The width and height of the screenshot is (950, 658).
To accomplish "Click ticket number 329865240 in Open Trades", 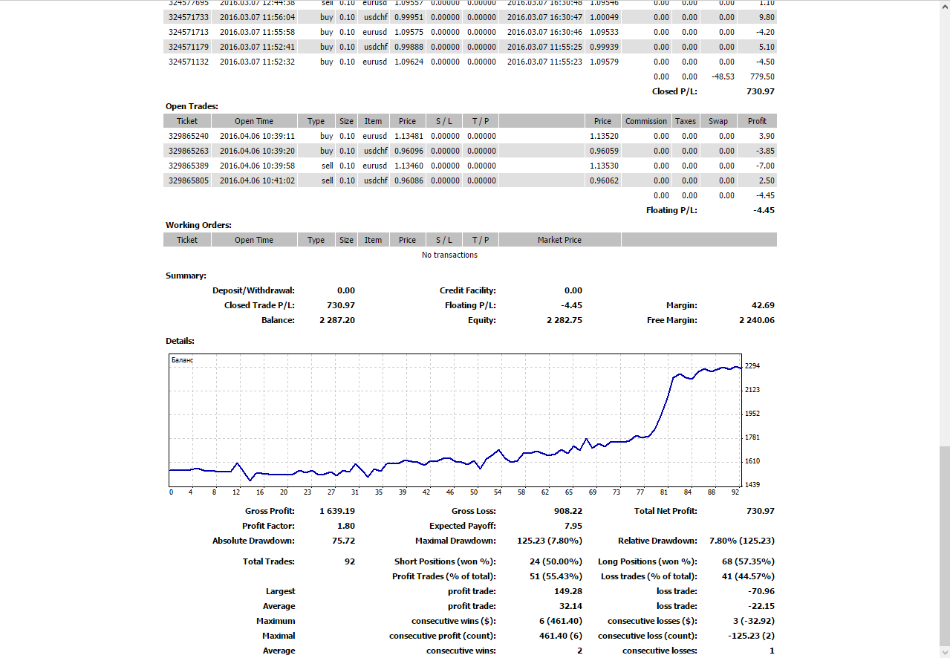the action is [x=189, y=136].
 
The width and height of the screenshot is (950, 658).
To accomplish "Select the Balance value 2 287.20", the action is [x=337, y=320].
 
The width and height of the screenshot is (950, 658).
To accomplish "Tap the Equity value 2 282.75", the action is [x=565, y=320].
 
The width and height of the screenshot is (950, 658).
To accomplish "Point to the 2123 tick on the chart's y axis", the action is [x=752, y=390].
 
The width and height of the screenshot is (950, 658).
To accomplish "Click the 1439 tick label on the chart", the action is [x=752, y=485].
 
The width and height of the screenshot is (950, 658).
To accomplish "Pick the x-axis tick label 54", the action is [x=498, y=492].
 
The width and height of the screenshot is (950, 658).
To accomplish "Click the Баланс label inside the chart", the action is [x=183, y=360].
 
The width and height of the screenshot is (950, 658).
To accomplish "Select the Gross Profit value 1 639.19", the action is [x=337, y=511].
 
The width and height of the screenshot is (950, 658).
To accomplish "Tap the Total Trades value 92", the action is [x=349, y=561].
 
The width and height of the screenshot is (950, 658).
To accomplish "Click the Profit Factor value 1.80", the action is [x=346, y=526].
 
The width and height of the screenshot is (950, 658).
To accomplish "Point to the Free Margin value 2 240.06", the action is [x=757, y=320].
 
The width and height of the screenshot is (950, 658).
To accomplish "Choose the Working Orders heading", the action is [x=198, y=225].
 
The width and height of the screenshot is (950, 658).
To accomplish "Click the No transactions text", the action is [x=449, y=255].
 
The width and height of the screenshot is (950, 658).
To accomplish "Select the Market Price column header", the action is [x=559, y=240].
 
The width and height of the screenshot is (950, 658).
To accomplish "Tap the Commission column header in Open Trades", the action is [x=646, y=121].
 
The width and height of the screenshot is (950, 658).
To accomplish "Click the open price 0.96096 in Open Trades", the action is [x=409, y=151].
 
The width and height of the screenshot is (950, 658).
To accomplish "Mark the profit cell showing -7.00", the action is [x=765, y=166].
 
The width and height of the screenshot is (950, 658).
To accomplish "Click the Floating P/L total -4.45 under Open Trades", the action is [x=764, y=210].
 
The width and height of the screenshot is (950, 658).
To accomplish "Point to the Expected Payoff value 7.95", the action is [x=573, y=526].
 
